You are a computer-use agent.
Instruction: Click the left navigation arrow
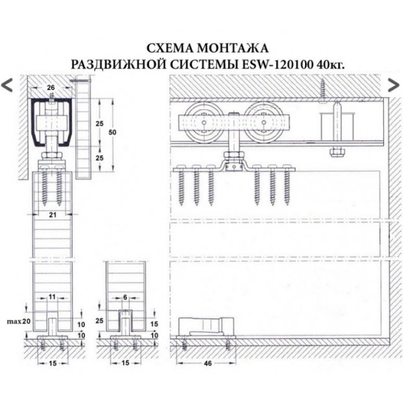coord(7,85)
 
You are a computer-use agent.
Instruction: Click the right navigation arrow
coord(393,85)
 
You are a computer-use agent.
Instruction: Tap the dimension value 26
coord(50,87)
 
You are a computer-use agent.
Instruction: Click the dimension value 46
coord(208,363)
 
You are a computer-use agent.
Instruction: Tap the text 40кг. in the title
coord(330,63)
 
